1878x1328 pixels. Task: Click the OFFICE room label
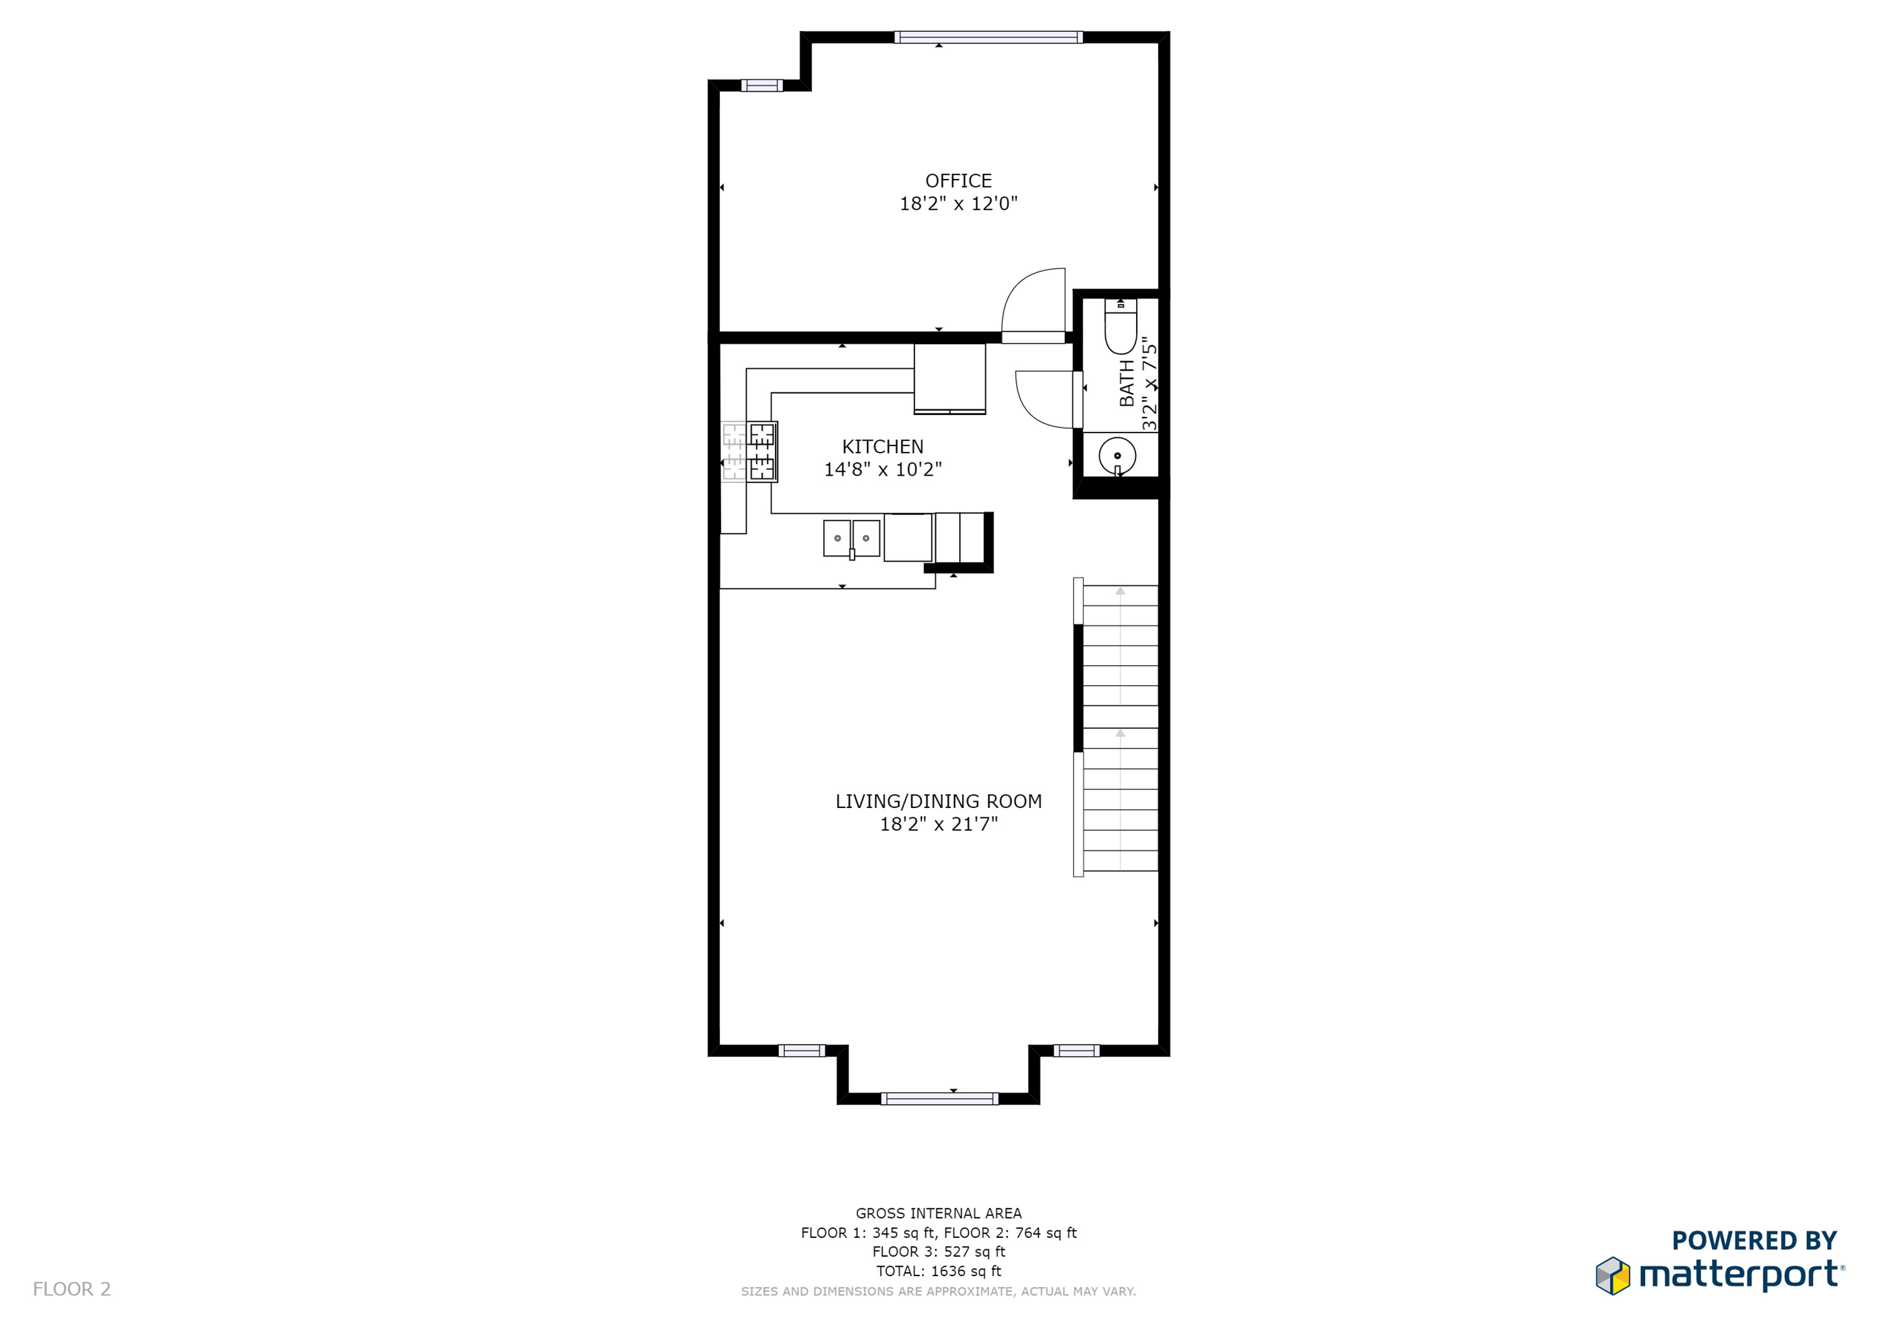[x=958, y=181]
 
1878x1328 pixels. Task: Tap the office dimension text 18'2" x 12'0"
[x=958, y=203]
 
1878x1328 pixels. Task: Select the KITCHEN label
[x=883, y=446]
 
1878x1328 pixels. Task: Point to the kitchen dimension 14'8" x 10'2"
[x=883, y=469]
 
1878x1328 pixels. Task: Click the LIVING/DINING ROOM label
[x=938, y=802]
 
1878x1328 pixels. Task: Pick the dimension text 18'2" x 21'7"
[x=938, y=824]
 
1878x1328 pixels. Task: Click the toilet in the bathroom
[x=1121, y=325]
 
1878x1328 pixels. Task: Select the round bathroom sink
[x=1117, y=456]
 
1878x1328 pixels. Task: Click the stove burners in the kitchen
[x=761, y=451]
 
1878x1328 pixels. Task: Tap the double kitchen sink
[x=851, y=538]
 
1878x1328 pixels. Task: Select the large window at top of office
[x=988, y=37]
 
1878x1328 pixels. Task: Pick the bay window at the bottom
[x=939, y=1098]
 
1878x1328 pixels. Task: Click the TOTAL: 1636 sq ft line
[x=938, y=1271]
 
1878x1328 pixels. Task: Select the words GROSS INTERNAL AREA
[x=938, y=1213]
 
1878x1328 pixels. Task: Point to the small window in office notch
[x=761, y=86]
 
